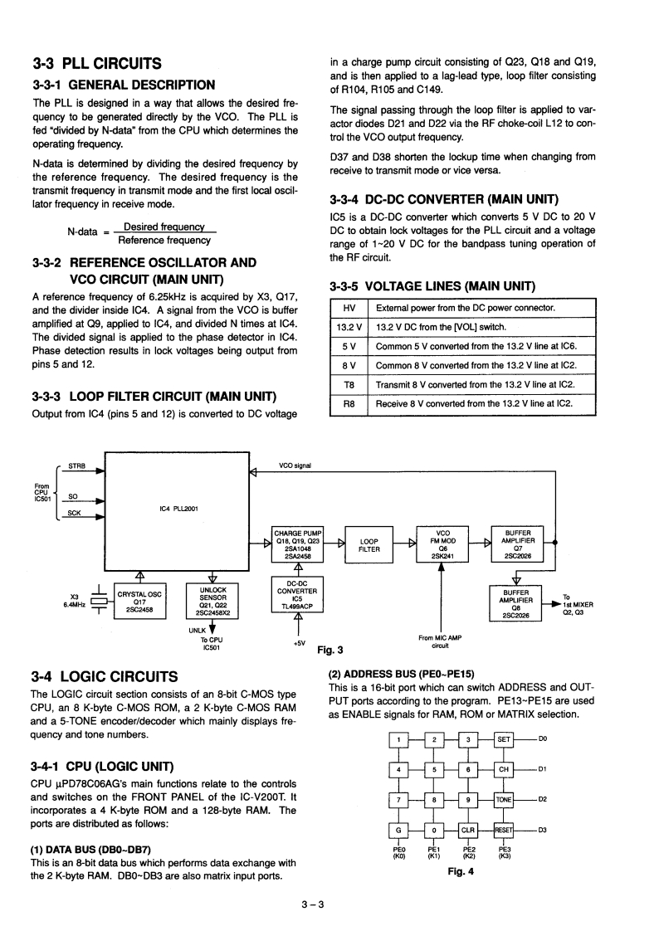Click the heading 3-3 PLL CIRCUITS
click(97, 63)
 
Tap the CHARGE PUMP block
click(297, 544)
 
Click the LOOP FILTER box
click(369, 544)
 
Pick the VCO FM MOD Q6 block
click(442, 544)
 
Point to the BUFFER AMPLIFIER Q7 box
click(517, 544)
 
